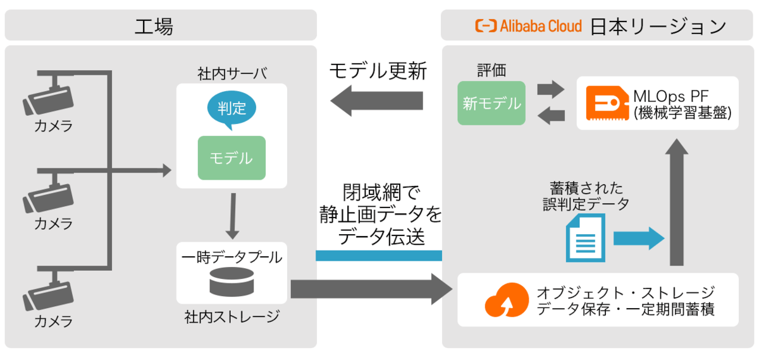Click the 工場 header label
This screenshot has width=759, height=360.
point(154,27)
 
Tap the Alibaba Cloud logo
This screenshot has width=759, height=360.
point(528,26)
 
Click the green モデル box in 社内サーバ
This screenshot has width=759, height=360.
point(231,158)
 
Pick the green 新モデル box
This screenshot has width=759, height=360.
point(491,103)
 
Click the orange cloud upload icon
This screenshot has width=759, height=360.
point(505,299)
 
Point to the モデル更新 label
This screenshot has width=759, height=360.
point(378,70)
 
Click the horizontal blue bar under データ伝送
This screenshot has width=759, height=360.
point(378,256)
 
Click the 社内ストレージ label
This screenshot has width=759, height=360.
point(231,316)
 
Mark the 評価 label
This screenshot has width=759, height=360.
point(492,70)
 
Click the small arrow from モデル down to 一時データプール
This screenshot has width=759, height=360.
point(233,214)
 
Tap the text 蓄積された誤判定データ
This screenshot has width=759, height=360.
point(586,196)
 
